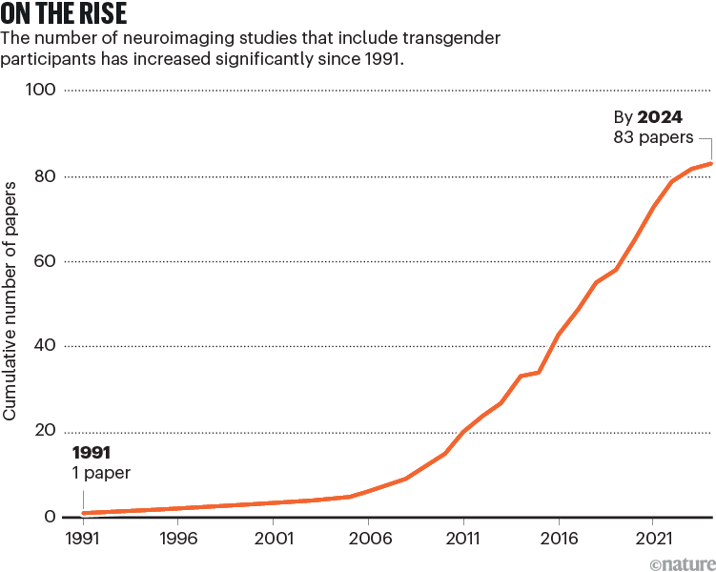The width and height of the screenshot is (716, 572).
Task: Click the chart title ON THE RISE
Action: point(65,16)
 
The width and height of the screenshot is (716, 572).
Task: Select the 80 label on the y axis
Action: point(45,176)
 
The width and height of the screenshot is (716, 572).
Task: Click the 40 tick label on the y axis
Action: point(45,346)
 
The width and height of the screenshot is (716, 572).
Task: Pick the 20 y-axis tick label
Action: point(45,431)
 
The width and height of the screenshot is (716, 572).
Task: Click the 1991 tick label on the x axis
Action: point(83,538)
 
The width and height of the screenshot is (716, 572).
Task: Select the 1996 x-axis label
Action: point(178,538)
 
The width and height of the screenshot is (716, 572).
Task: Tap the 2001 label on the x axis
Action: point(274,538)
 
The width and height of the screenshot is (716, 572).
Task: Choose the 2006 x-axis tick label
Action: point(368,538)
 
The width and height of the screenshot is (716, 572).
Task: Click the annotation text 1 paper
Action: point(100,472)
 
